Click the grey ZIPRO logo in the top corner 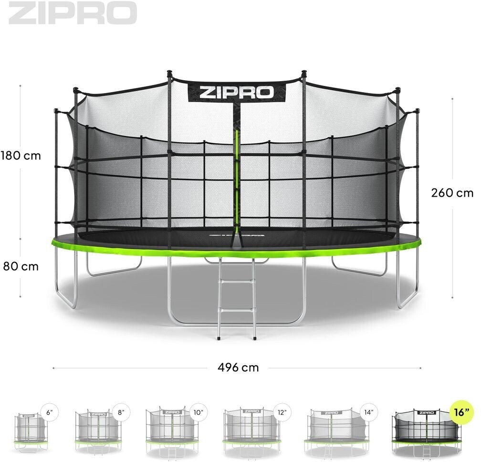click(x=73, y=13)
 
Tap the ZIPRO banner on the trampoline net click(x=236, y=92)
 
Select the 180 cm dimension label click(x=21, y=156)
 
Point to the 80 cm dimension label click(x=21, y=266)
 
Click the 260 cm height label click(x=452, y=193)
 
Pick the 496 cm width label click(x=238, y=367)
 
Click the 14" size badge click(x=367, y=412)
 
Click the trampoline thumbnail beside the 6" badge click(x=30, y=432)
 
